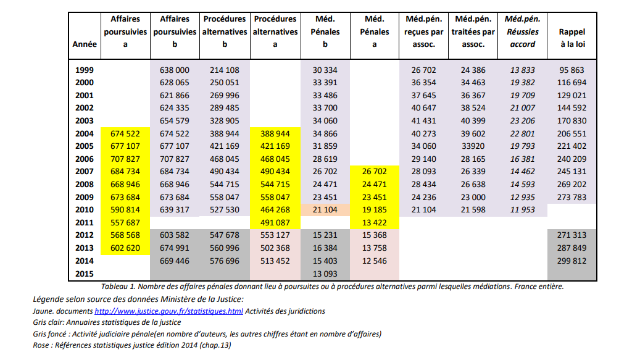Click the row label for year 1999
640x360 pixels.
tap(83, 70)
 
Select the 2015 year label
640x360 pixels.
tap(83, 274)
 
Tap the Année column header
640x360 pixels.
tap(83, 44)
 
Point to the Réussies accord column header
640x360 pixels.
tap(522, 31)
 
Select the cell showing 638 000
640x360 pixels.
tap(175, 70)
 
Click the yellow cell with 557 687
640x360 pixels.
tap(125, 222)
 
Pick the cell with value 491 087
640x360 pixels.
tap(275, 222)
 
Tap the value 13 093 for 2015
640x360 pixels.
tap(325, 274)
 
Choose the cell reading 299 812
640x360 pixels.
tap(571, 261)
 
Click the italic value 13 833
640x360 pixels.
tap(522, 70)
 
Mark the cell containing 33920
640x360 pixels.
tap(473, 146)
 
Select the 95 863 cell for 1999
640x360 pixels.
tap(571, 70)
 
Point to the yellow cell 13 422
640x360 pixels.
tap(375, 222)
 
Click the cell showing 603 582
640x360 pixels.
tap(175, 235)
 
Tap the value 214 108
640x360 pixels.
tap(225, 70)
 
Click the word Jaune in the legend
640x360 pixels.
tap(44, 311)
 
